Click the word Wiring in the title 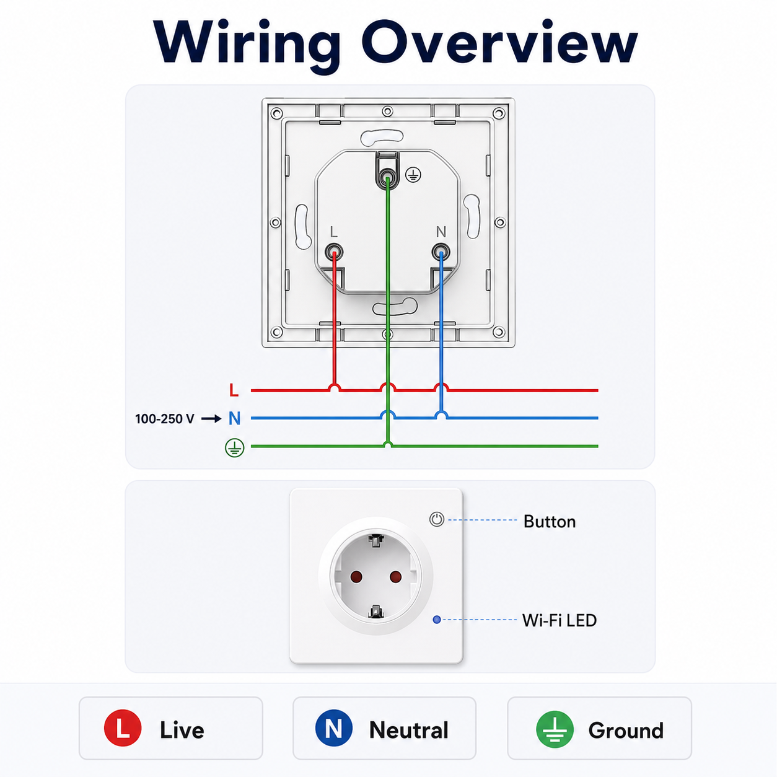point(247,45)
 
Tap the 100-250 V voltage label point(165,419)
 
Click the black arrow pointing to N point(211,419)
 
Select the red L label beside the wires point(234,390)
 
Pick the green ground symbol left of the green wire point(235,447)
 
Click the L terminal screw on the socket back point(334,253)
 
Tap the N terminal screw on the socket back point(441,253)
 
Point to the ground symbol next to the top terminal point(413,175)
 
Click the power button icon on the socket point(437,519)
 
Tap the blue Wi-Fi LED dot point(437,620)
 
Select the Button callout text point(550,522)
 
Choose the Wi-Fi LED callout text point(560,621)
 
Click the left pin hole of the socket point(356,577)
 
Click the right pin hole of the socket point(395,577)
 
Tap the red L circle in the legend point(123,728)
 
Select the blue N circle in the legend point(334,728)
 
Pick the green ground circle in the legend point(555,729)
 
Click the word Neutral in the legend point(409,730)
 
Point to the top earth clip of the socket point(375,540)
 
